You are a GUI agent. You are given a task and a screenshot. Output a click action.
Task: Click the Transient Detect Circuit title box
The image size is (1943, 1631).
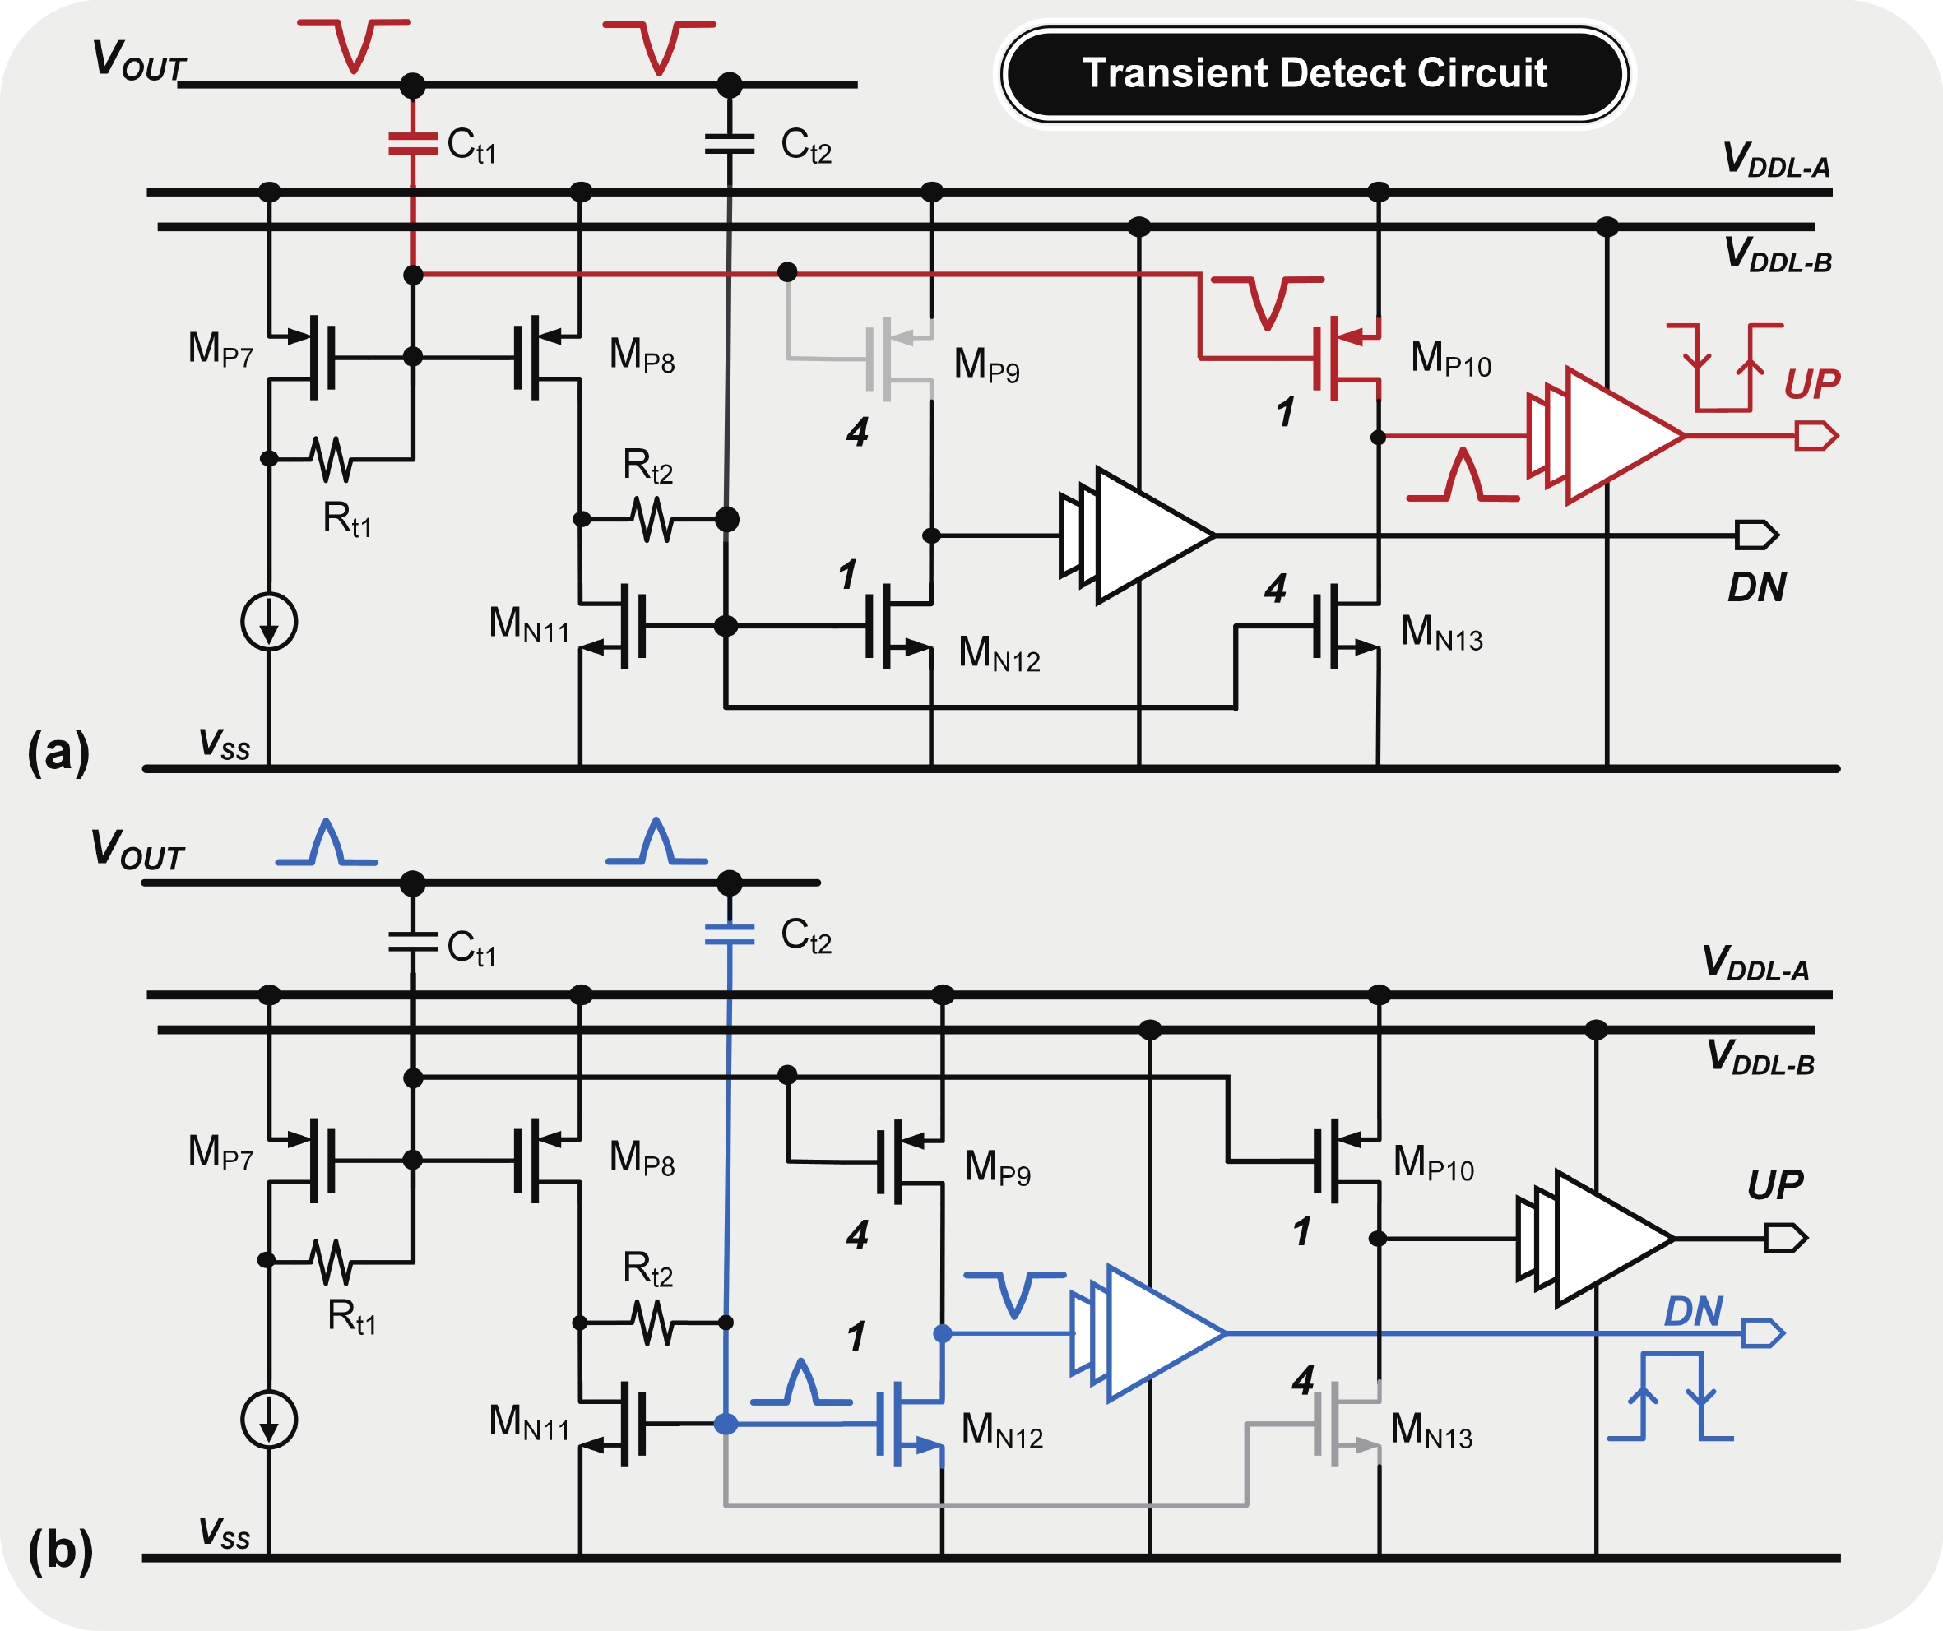[x=1314, y=74]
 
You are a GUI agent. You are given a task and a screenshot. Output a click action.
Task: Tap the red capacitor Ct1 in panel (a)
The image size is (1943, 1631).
[x=413, y=143]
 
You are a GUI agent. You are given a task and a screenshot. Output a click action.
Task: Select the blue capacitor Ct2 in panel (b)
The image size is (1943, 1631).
[x=730, y=934]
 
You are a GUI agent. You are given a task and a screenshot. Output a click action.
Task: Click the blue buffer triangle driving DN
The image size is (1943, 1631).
[x=1157, y=1333]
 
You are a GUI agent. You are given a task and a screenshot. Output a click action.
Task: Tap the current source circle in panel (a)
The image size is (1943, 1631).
[x=268, y=621]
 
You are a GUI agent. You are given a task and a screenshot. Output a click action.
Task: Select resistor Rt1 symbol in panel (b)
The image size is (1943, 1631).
[x=331, y=1262]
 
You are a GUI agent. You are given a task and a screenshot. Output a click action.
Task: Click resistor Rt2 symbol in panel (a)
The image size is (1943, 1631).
[x=653, y=519]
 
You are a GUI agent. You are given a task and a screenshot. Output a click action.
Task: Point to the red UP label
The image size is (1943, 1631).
[x=1811, y=383]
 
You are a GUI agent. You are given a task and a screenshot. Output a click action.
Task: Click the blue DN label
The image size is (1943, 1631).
[x=1693, y=1311]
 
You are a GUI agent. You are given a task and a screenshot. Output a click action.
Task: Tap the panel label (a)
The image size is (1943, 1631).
[x=58, y=751]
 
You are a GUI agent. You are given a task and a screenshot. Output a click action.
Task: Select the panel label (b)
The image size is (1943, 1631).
[x=60, y=1550]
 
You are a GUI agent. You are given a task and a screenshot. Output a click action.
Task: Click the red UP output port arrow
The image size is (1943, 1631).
[x=1815, y=435]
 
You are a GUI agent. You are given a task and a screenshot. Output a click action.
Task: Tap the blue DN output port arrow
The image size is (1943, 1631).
[x=1763, y=1333]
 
